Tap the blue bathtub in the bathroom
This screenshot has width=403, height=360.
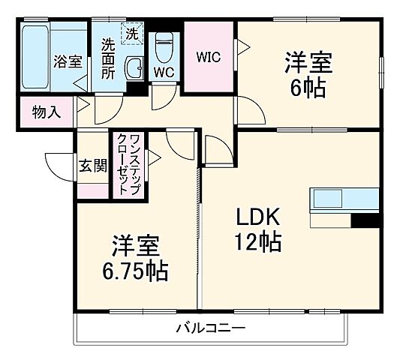tap(35, 57)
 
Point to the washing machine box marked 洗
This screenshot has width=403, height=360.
tap(131, 33)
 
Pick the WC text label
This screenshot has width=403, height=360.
tap(164, 73)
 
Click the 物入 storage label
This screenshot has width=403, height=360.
tap(45, 112)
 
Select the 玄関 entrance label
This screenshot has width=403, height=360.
tap(92, 166)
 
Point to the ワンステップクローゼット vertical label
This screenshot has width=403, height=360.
tap(128, 165)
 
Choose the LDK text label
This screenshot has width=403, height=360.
tap(259, 217)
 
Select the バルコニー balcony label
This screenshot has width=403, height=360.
tap(210, 328)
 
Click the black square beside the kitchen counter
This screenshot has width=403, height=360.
tap(365, 220)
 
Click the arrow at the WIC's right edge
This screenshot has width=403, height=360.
tap(242, 48)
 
